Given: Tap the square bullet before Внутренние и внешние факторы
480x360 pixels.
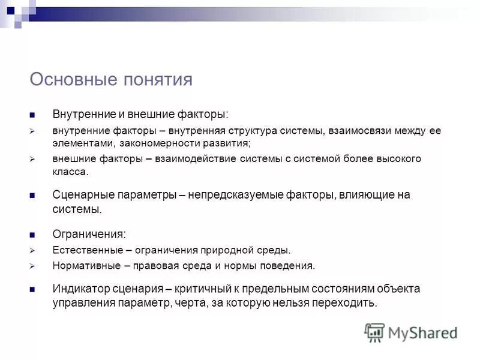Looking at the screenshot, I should click(x=34, y=113).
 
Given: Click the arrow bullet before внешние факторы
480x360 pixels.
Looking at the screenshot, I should click(x=34, y=159).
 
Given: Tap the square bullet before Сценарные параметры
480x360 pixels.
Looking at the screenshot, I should click(x=34, y=195).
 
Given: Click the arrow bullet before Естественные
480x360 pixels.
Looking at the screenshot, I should click(x=34, y=250).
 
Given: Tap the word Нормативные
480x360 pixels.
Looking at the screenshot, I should click(x=81, y=265).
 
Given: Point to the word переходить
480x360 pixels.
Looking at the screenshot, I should click(x=350, y=302).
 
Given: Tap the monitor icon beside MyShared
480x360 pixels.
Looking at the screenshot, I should click(x=374, y=332).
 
